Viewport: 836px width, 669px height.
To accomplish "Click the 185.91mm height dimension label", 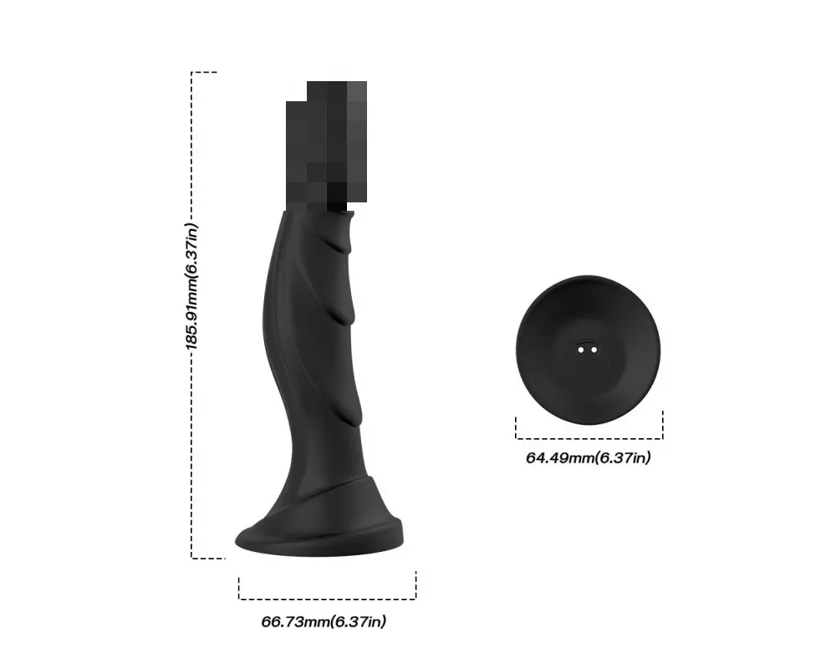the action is point(192,287).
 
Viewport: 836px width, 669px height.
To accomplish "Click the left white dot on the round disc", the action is point(581,350).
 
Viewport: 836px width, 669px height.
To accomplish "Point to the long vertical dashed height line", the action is point(191,314).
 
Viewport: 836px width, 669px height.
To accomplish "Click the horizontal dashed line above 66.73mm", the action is point(328,599).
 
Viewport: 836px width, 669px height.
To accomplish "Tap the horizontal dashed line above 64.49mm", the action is point(589,438).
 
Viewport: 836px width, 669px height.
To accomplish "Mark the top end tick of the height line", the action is point(204,72).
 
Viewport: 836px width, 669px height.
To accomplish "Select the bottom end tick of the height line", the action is point(208,559).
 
